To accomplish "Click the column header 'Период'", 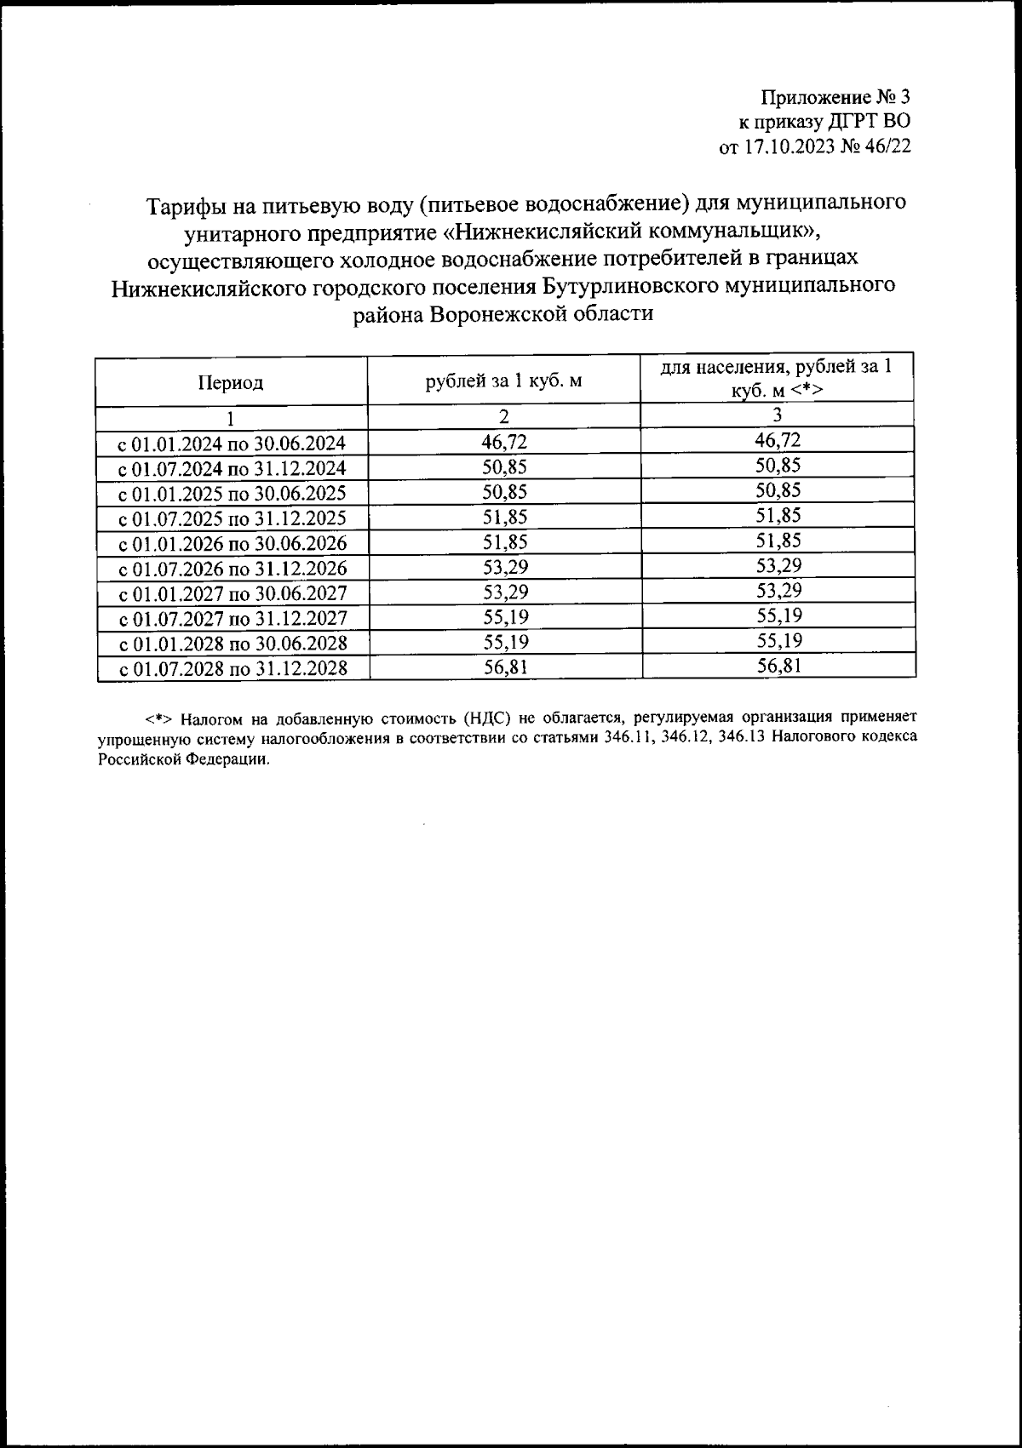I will click(x=231, y=382).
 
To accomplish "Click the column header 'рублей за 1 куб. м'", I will click(x=504, y=381).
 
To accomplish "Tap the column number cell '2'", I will click(x=504, y=416).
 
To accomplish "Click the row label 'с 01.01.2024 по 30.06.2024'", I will click(x=232, y=444).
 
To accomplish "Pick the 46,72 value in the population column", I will click(x=778, y=440).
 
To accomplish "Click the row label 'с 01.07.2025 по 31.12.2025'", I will click(x=232, y=518).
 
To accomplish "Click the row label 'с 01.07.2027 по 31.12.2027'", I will click(x=232, y=618).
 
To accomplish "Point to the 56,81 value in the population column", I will click(x=778, y=666).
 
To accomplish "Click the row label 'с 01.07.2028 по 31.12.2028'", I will click(x=233, y=668).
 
